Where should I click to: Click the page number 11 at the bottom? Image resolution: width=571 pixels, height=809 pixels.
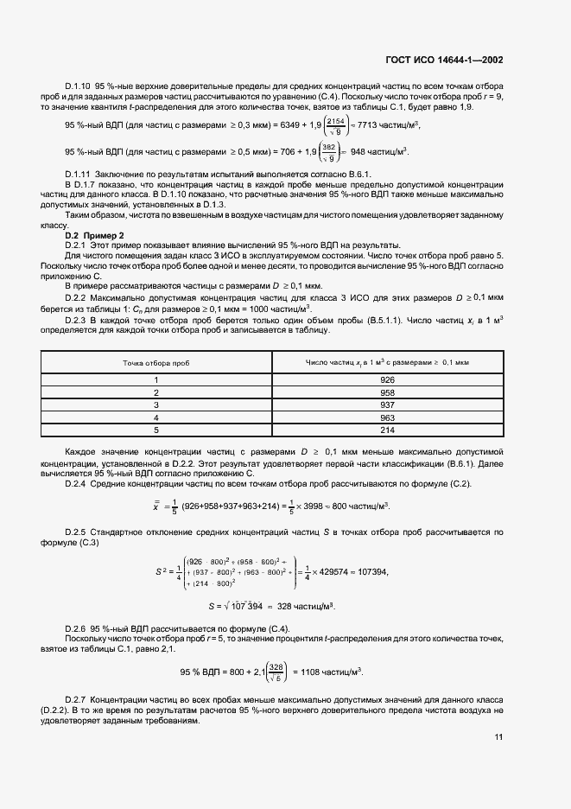point(498,737)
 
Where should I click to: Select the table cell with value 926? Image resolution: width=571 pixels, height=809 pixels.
point(387,379)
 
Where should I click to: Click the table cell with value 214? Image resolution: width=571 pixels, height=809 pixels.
point(387,429)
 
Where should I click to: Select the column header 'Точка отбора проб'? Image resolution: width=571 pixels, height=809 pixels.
point(156,363)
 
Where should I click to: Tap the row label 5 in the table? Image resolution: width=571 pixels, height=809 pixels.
point(156,429)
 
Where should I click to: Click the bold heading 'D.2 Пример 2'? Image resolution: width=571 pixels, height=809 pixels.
point(95,235)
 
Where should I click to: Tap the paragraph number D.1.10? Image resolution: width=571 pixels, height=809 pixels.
point(79,88)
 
